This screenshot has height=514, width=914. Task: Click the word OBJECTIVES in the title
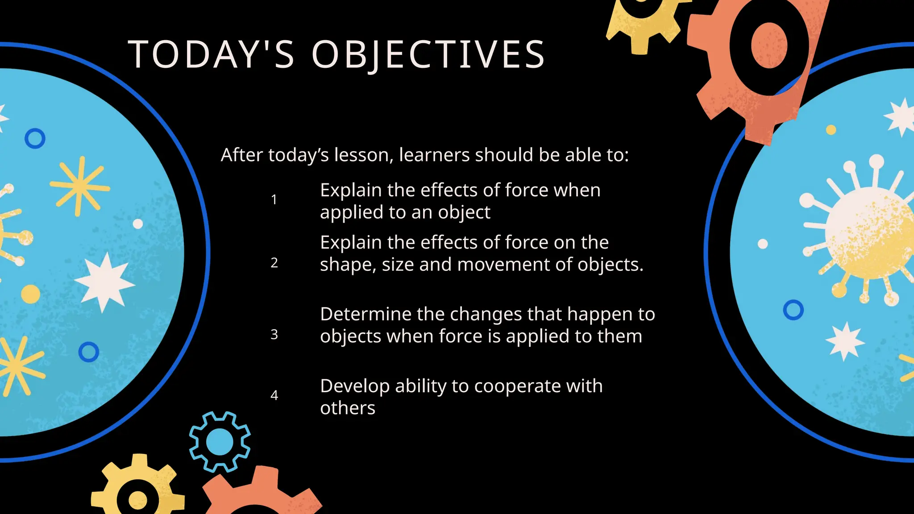(x=428, y=54)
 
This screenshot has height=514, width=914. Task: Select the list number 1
(x=274, y=199)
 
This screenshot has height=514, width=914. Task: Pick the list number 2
(x=274, y=263)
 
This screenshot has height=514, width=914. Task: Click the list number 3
(x=274, y=335)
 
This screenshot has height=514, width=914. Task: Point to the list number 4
(x=274, y=395)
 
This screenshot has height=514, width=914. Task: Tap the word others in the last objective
(x=348, y=408)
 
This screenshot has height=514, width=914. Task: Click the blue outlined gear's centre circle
(x=220, y=442)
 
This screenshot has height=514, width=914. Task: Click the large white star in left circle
(x=104, y=282)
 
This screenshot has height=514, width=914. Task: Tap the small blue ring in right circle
(x=793, y=310)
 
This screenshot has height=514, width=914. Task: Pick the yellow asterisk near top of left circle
(x=79, y=187)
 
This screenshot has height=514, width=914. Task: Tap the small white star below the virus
(x=844, y=341)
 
